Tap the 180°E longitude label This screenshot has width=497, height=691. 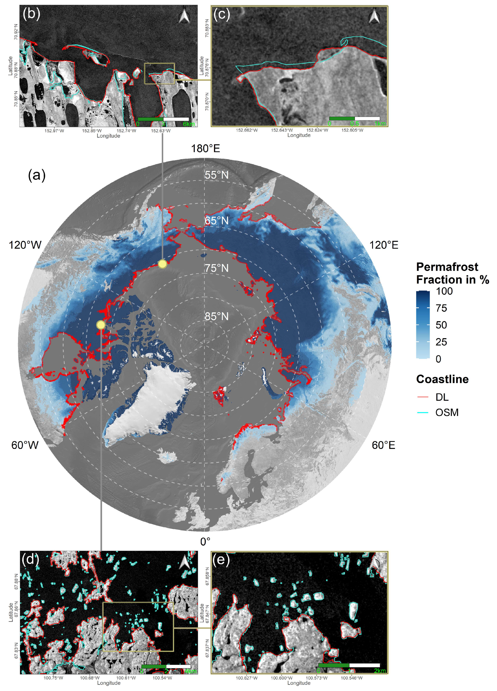(205, 149)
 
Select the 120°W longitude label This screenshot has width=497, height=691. (25, 245)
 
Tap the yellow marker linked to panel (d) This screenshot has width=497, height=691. (101, 325)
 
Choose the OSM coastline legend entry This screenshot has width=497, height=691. (447, 413)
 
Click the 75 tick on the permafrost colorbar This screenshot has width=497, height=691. (441, 308)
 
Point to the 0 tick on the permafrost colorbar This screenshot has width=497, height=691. (438, 359)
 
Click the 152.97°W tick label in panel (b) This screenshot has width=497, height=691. (54, 131)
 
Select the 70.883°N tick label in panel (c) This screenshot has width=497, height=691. (207, 28)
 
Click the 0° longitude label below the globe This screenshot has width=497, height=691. (205, 542)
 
